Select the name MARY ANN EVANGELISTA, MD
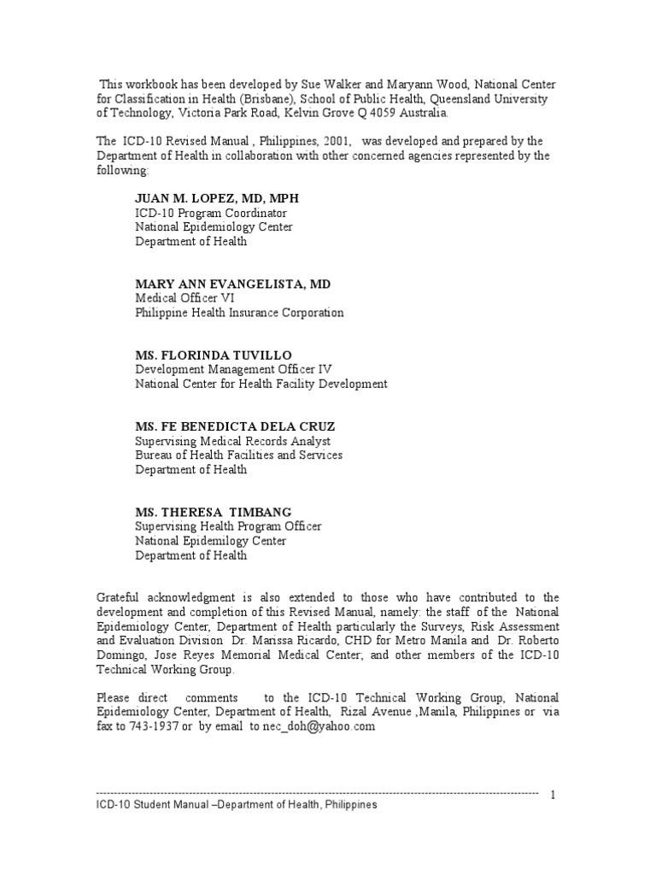[x=232, y=284]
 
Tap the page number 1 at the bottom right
[x=553, y=795]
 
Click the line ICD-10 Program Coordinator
[x=211, y=213]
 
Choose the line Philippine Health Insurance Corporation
[x=239, y=313]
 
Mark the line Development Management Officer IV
[x=233, y=369]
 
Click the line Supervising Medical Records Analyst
[x=232, y=441]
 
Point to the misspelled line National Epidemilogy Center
[x=210, y=541]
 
